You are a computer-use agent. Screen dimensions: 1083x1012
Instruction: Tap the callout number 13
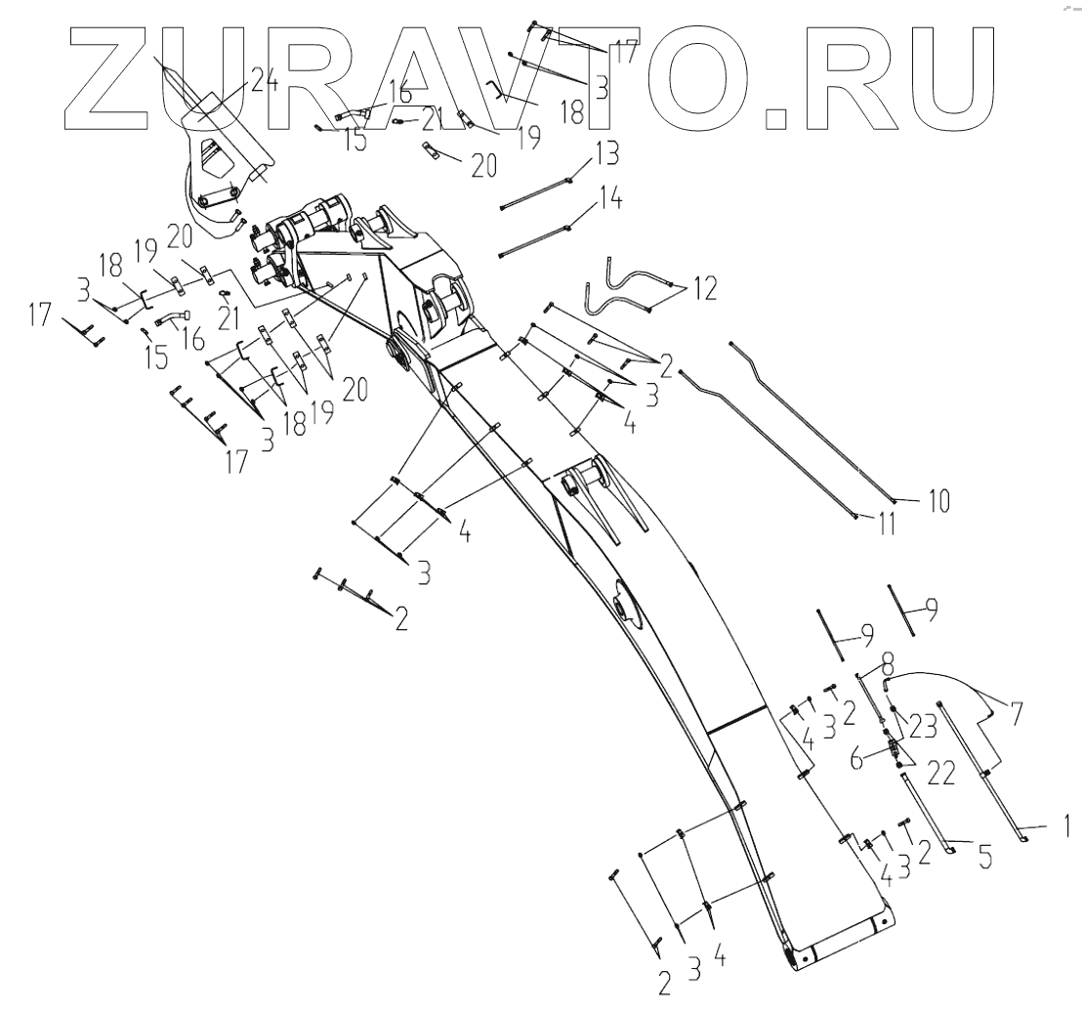tap(605, 154)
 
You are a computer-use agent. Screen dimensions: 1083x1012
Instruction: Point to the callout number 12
tap(705, 288)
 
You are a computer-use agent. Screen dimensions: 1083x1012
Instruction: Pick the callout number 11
tap(885, 524)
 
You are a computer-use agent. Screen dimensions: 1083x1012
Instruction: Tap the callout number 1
tap(1066, 827)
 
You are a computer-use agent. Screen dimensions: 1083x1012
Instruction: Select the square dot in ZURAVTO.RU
tap(775, 118)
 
